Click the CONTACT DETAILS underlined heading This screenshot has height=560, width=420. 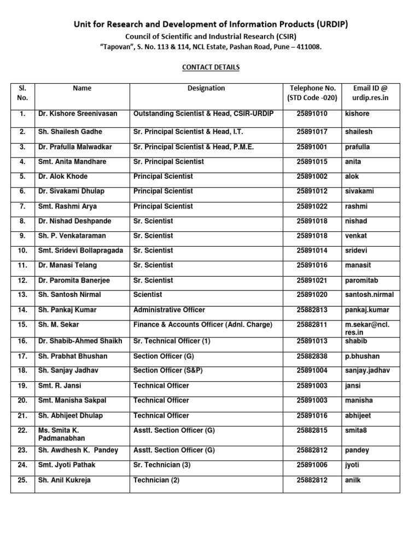(x=211, y=67)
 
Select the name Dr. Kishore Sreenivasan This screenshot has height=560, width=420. (x=77, y=114)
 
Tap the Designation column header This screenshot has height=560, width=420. (x=206, y=88)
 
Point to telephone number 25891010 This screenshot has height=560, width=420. (x=312, y=114)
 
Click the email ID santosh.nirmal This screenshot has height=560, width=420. (x=369, y=295)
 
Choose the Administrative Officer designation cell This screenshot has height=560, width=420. (x=169, y=310)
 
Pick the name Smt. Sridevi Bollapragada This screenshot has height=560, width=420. (x=80, y=250)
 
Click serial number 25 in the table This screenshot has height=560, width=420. (x=22, y=480)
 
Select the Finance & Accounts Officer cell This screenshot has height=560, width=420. (x=202, y=325)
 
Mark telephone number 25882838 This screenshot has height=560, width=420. (x=312, y=356)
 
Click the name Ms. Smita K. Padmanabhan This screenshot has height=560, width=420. (x=61, y=434)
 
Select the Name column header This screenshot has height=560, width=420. (x=82, y=88)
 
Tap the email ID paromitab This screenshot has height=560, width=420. (x=363, y=281)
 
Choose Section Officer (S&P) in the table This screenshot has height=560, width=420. (x=168, y=371)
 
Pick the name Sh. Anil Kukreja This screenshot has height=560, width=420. (x=65, y=480)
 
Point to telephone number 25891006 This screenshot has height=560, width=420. (x=312, y=465)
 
